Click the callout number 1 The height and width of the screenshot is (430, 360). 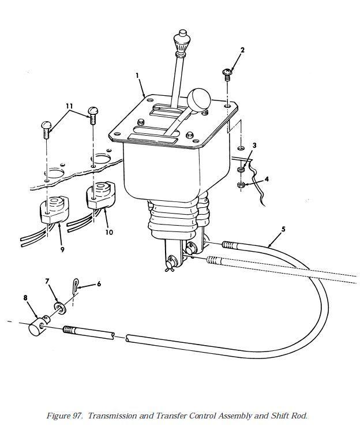tap(137, 75)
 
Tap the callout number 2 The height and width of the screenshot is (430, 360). tap(242, 50)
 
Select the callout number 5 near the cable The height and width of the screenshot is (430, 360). tap(283, 229)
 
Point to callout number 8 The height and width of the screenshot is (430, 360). tap(25, 298)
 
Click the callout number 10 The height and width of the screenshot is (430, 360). tap(109, 232)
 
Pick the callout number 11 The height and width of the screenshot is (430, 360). tap(69, 106)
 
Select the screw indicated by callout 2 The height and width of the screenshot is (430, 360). tap(227, 74)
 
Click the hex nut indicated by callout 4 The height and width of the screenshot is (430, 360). tap(241, 185)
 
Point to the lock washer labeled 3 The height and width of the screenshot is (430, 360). tap(241, 170)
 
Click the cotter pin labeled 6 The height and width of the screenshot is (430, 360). tap(76, 287)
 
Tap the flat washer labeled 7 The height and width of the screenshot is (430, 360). tap(59, 308)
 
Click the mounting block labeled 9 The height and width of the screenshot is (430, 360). tap(54, 209)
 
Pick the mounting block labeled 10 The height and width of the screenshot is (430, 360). tap(101, 195)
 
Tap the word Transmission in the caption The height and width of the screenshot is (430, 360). tap(112, 416)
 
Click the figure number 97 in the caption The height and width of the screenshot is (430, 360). tap(77, 416)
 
